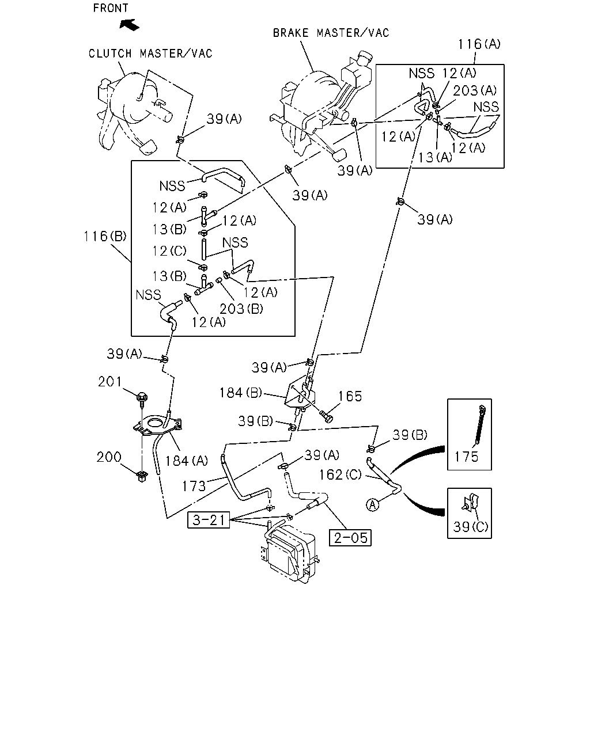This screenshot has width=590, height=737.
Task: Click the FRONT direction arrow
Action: pos(129,25)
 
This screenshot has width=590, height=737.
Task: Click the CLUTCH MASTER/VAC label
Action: pos(150,54)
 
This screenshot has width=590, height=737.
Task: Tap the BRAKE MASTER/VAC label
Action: pos(331,33)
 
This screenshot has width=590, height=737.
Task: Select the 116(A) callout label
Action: pos(479,44)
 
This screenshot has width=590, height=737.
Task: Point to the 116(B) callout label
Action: pos(105,236)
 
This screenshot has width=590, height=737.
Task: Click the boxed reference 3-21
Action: pos(209,520)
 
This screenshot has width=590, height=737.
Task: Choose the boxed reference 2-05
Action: pos(350,538)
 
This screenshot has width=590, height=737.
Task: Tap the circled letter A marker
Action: pos(373,505)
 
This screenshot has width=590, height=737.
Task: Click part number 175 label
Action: pos(466,457)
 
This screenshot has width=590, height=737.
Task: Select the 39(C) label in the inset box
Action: pos(470,527)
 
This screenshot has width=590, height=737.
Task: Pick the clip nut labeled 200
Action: pos(141,476)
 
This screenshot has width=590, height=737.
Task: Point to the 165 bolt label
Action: pos(350,397)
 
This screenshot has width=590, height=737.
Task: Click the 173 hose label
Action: pos(194,486)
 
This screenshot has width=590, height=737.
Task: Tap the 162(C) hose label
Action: pos(340,474)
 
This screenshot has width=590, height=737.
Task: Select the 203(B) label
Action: pos(241,309)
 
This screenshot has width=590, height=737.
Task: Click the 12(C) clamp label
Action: pos(169,251)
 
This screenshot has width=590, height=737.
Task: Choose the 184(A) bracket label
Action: pos(187,461)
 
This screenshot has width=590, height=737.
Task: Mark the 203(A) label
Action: pos(475,91)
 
